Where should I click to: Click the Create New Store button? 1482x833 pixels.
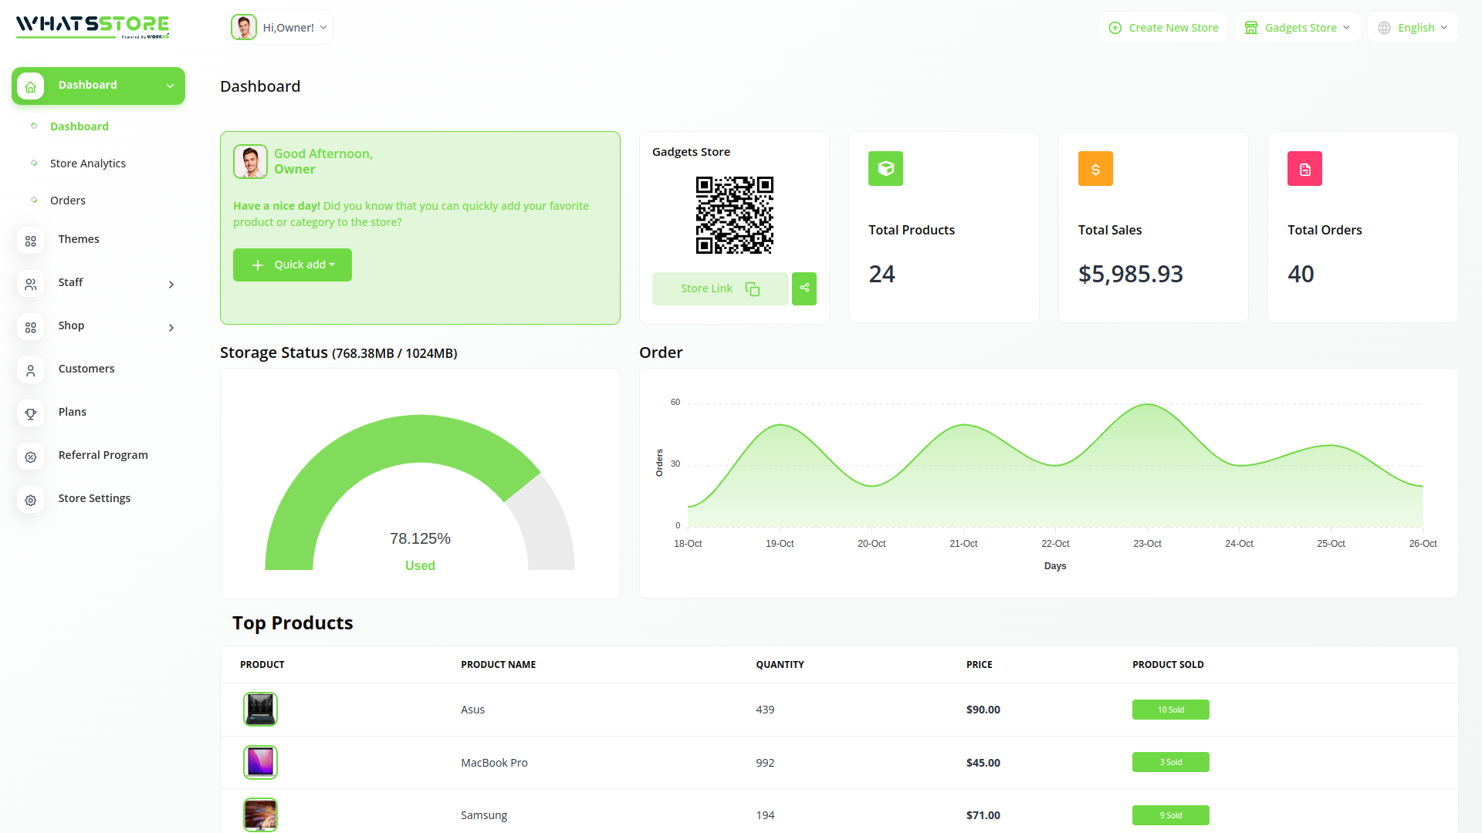[x=1163, y=28]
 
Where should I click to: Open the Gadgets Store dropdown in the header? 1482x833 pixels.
[x=1298, y=28]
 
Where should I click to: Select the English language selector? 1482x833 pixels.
[x=1413, y=28]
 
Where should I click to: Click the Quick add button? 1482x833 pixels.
[x=293, y=265]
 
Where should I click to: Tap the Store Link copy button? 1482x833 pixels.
[x=719, y=288]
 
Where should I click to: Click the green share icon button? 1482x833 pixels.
[x=804, y=288]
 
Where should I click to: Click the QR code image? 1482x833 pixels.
[x=734, y=215]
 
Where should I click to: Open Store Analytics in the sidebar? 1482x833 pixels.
[x=88, y=164]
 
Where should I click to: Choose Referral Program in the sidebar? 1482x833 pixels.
[x=103, y=455]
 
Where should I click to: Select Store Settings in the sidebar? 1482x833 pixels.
[x=94, y=498]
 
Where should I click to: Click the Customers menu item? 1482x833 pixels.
[x=86, y=369]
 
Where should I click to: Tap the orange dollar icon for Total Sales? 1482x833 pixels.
[x=1095, y=169]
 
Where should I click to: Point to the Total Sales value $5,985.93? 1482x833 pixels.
[x=1130, y=274]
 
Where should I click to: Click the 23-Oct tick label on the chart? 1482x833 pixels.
[x=1147, y=544]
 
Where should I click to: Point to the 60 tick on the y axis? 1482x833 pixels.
[x=675, y=402]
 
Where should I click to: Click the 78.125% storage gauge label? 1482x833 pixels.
[x=420, y=538]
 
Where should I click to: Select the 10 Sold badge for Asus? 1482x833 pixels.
[x=1170, y=710]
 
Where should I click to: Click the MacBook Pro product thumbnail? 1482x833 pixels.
[x=260, y=762]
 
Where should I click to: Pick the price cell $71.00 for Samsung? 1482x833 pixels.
[x=983, y=815]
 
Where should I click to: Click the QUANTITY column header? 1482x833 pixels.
[x=780, y=664]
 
